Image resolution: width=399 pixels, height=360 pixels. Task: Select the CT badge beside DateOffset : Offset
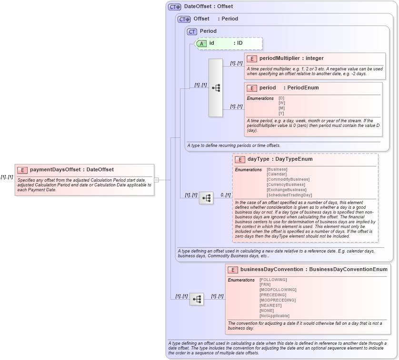click(x=174, y=7)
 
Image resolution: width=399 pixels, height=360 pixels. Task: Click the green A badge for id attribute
click(x=201, y=43)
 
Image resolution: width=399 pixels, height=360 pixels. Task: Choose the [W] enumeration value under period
click(x=281, y=103)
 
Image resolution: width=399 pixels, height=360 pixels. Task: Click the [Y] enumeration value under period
click(x=281, y=113)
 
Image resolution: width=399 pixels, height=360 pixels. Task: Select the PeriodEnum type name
click(x=303, y=88)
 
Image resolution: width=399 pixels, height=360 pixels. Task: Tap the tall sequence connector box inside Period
click(x=216, y=88)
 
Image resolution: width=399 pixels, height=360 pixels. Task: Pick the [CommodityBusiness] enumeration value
click(x=288, y=179)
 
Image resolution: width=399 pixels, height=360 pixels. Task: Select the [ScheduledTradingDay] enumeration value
click(x=289, y=195)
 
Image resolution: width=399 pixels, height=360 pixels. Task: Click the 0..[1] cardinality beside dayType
click(x=225, y=195)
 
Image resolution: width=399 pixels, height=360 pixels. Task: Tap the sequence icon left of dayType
click(x=206, y=198)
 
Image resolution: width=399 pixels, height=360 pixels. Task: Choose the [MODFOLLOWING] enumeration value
click(x=278, y=290)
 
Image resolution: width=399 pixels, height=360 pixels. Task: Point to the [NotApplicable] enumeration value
click(x=274, y=316)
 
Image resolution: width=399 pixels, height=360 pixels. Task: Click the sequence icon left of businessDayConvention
click(x=197, y=299)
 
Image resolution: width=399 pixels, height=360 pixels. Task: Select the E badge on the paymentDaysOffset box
click(x=22, y=170)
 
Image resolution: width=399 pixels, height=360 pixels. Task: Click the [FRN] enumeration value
click(x=265, y=284)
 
